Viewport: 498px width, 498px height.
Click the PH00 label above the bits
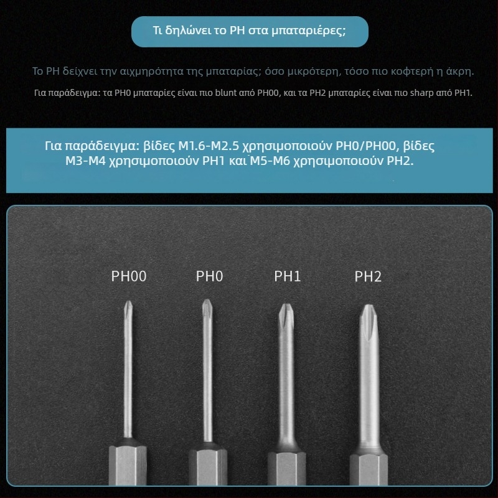pyautogui.click(x=129, y=276)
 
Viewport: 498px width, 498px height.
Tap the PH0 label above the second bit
pyautogui.click(x=209, y=276)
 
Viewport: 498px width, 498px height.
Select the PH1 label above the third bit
pyautogui.click(x=287, y=276)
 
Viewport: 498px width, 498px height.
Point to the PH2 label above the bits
pyautogui.click(x=368, y=276)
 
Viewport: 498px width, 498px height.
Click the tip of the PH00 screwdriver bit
pyautogui.click(x=128, y=302)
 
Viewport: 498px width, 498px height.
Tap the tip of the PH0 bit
pyautogui.click(x=207, y=300)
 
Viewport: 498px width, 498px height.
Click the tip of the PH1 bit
pyautogui.click(x=286, y=305)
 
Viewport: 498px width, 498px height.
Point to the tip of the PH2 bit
pyautogui.click(x=368, y=306)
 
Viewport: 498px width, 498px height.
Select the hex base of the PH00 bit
pyautogui.click(x=128, y=465)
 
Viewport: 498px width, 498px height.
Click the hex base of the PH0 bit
pyautogui.click(x=208, y=467)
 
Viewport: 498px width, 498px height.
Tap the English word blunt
pyautogui.click(x=226, y=93)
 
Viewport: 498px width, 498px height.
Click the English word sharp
pyautogui.click(x=422, y=93)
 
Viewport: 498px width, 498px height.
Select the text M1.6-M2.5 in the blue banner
pyautogui.click(x=209, y=146)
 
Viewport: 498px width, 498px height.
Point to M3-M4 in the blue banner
pyautogui.click(x=85, y=161)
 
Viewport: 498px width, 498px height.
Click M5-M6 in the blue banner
pyautogui.click(x=270, y=161)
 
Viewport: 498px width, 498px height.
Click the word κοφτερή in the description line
pyautogui.click(x=412, y=71)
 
